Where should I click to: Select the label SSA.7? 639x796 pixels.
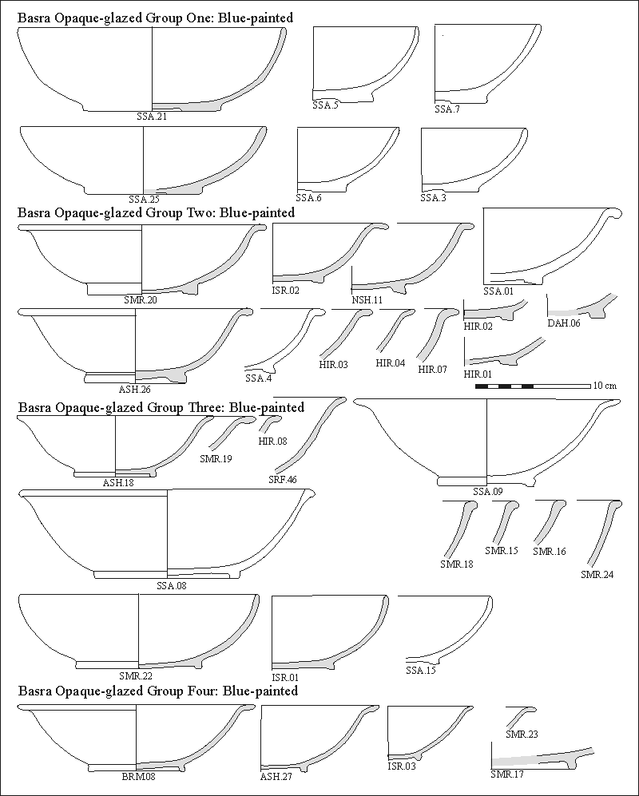point(447,109)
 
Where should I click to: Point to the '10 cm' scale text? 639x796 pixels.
point(605,386)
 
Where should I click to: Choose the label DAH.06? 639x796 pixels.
point(563,323)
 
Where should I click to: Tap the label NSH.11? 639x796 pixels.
point(367,299)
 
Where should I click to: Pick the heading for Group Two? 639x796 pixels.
point(157,212)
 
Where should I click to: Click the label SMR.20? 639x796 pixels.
point(141,299)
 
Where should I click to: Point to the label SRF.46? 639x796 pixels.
point(282,480)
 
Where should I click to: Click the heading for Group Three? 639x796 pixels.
point(161,407)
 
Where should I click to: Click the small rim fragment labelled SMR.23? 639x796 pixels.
point(521,715)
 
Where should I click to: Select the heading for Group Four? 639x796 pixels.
point(157,691)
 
